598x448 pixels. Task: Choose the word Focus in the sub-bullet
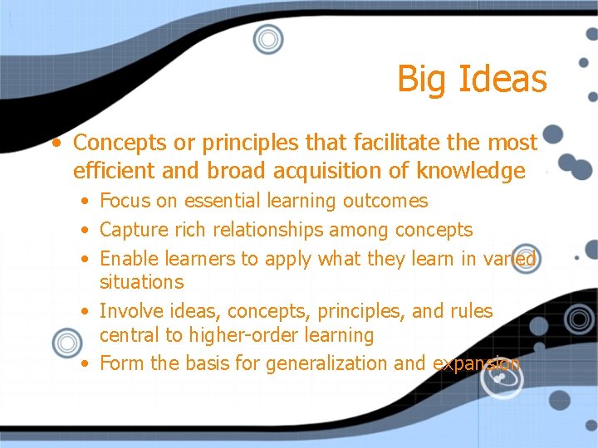[124, 201]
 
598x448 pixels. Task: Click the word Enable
[126, 259]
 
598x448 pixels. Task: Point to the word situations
[141, 282]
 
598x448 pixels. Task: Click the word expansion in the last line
[477, 363]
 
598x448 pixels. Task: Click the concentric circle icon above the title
[268, 38]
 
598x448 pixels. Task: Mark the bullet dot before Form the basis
[86, 363]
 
